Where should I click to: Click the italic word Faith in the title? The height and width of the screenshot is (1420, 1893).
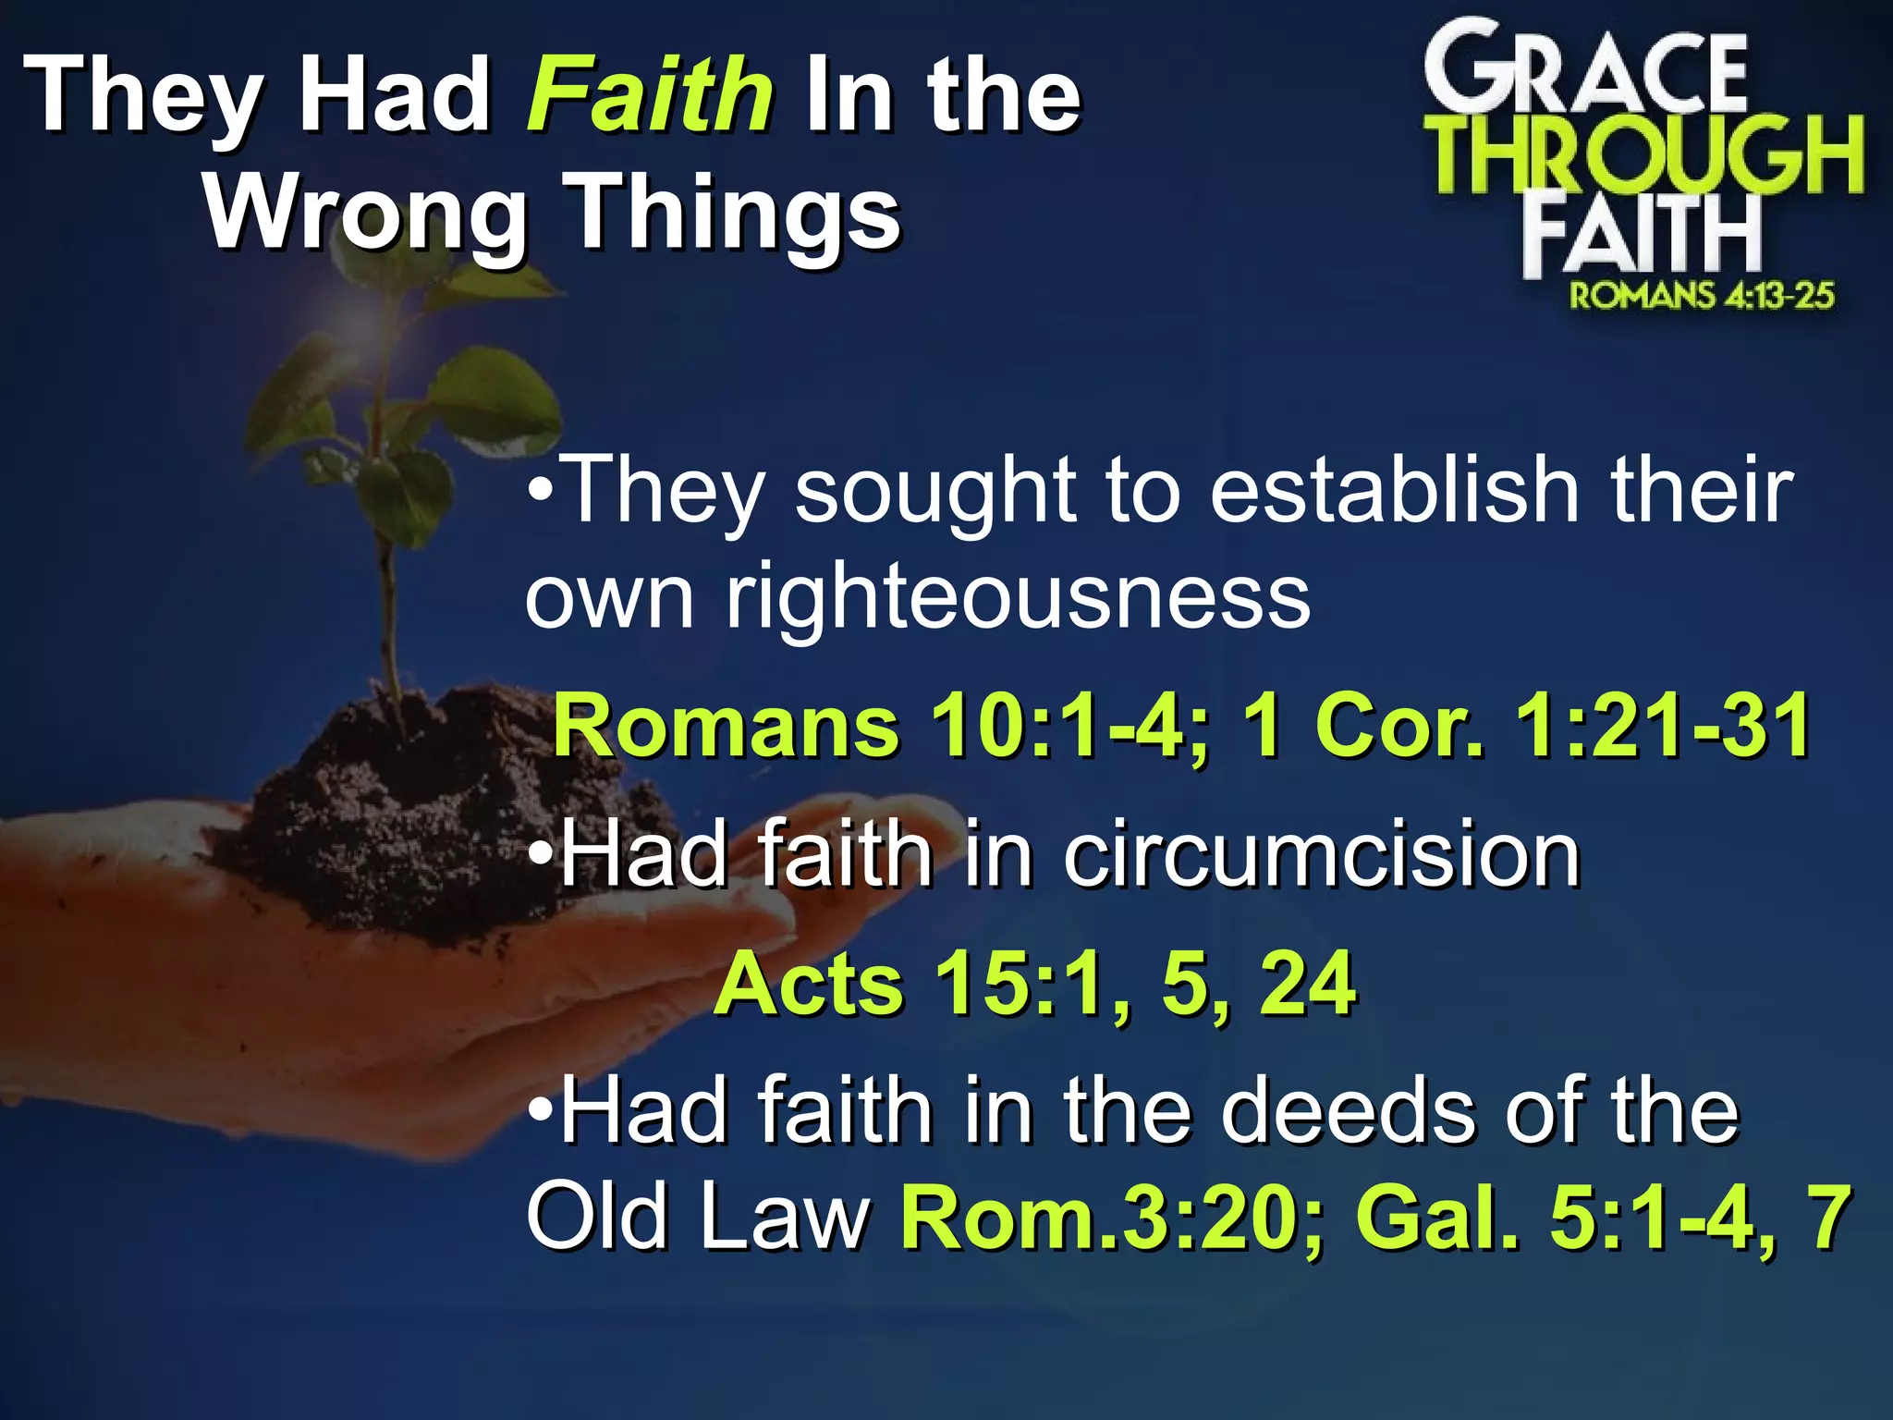click(650, 94)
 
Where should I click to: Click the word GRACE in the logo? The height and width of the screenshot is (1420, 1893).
click(1584, 74)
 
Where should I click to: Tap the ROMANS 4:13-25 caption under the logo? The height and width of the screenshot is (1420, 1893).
click(1701, 296)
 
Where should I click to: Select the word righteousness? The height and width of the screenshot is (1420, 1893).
click(1017, 596)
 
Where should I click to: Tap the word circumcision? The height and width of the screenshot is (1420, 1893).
click(1322, 855)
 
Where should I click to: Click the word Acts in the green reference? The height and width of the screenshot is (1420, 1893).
click(809, 985)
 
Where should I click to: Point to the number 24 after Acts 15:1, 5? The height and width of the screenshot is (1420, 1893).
click(1308, 985)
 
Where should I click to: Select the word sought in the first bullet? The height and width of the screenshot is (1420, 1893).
click(934, 492)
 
